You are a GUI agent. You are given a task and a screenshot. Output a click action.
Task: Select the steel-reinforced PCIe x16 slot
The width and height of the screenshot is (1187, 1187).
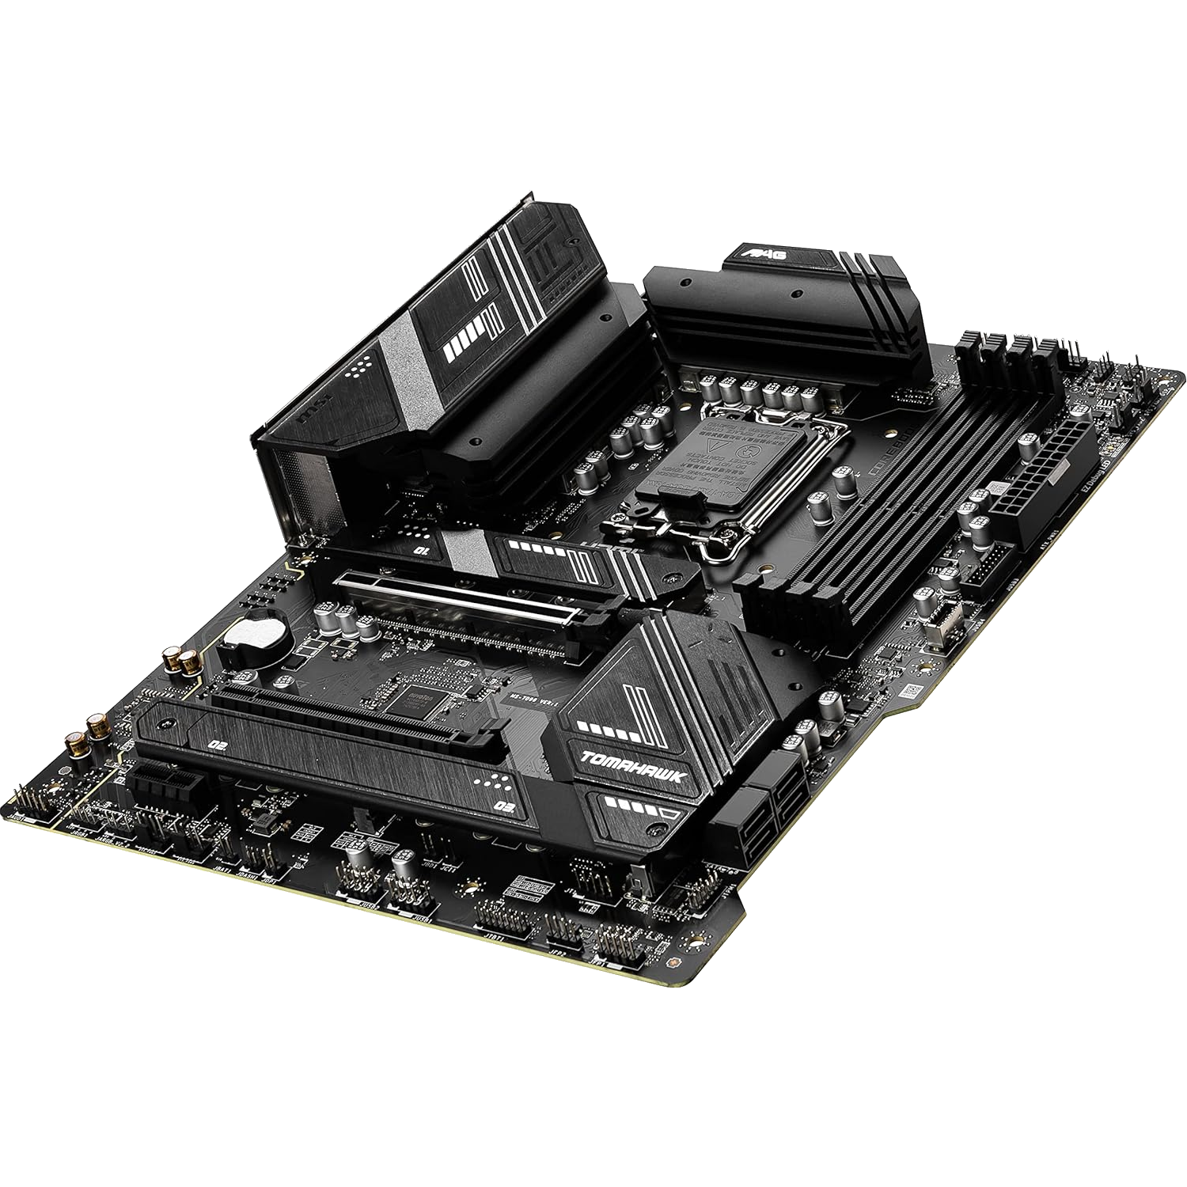[x=475, y=601]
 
